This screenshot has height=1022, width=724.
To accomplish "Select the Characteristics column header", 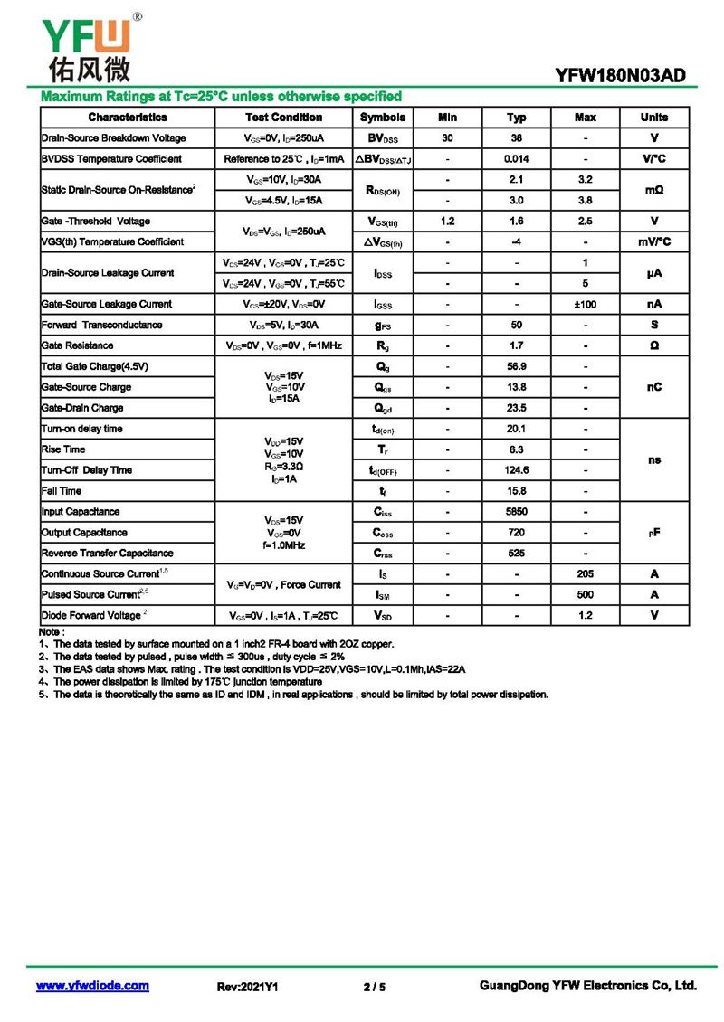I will coord(127,118).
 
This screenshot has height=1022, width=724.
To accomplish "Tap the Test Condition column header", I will coord(283,118).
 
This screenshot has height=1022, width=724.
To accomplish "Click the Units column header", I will coord(653,118).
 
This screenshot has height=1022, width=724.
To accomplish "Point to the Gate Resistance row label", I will coord(77,345).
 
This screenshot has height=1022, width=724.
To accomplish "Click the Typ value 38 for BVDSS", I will coord(516,138).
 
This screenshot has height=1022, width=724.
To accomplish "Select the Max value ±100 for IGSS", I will coord(586,304).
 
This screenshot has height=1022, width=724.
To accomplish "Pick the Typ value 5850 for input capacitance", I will coord(516,512).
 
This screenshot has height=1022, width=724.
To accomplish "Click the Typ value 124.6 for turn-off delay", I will coord(516,470).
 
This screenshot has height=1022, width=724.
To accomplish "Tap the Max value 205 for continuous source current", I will coord(586,574).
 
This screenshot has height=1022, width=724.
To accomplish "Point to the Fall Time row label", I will coord(62,491).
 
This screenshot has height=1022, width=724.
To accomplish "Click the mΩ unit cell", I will coord(653,190).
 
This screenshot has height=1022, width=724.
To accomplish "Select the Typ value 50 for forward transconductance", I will coord(516,325).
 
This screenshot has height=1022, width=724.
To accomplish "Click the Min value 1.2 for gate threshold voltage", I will coord(447,222).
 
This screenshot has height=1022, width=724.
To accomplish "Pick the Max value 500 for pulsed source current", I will coord(586,595).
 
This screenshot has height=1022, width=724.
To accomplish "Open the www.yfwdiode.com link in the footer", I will coord(92,986).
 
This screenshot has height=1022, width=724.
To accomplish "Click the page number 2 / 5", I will coord(374,987).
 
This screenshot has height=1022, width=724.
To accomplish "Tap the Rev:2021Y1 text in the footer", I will coord(247,987).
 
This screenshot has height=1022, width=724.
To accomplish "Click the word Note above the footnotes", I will coord(52,631).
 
